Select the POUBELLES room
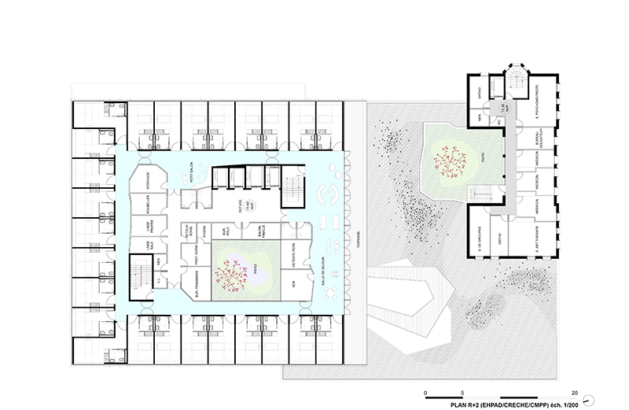click(147, 205)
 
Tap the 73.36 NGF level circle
click(506, 120)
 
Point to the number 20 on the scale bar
click(576, 392)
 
